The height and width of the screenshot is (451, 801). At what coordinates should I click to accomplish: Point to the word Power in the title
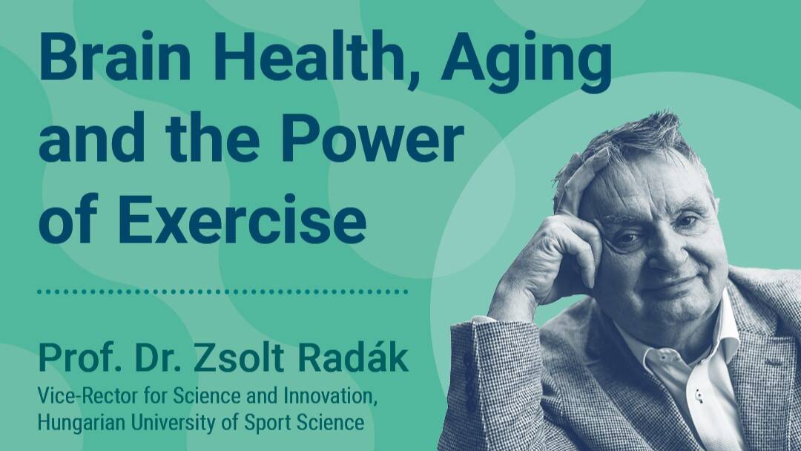click(x=372, y=138)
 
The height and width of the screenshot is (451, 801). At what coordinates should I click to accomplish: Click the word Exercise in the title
click(x=245, y=220)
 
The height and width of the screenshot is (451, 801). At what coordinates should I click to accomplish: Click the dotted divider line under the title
click(x=222, y=292)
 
